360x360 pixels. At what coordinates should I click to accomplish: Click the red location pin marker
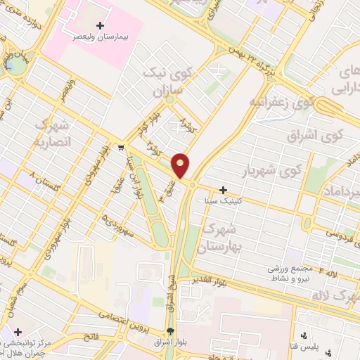tap(181, 165)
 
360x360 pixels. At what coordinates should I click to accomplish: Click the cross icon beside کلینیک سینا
tap(223, 190)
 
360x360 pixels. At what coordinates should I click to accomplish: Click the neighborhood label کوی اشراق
tap(312, 134)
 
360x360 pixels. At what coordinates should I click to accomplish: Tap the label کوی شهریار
tap(281, 171)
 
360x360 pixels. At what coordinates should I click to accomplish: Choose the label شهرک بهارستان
tap(221, 238)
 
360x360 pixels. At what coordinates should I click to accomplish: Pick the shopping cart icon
tap(121, 148)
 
